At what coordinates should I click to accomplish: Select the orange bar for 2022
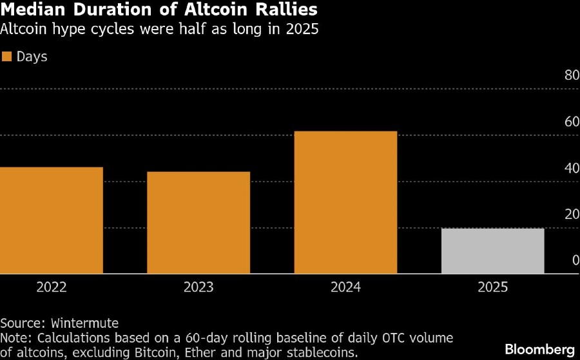point(52,220)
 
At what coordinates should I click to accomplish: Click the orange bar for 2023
point(198,223)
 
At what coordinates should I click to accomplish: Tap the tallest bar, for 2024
point(345,202)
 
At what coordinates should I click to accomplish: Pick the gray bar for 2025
point(493,251)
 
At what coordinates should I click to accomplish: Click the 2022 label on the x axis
point(52,287)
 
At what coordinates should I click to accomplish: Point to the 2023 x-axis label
point(198,287)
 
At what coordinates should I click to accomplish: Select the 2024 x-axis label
point(345,287)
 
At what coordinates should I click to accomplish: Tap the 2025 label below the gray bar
point(493,287)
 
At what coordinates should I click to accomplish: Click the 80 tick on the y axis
point(572,75)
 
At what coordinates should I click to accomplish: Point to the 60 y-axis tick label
point(572,122)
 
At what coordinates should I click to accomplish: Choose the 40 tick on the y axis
point(572,168)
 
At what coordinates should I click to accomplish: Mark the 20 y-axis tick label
point(572,214)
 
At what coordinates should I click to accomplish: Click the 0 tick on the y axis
point(575,261)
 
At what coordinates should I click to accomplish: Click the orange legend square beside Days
point(8,57)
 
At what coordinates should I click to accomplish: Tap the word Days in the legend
point(32,57)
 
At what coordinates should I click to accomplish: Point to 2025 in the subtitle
point(302,30)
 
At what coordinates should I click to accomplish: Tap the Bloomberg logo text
point(539,348)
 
